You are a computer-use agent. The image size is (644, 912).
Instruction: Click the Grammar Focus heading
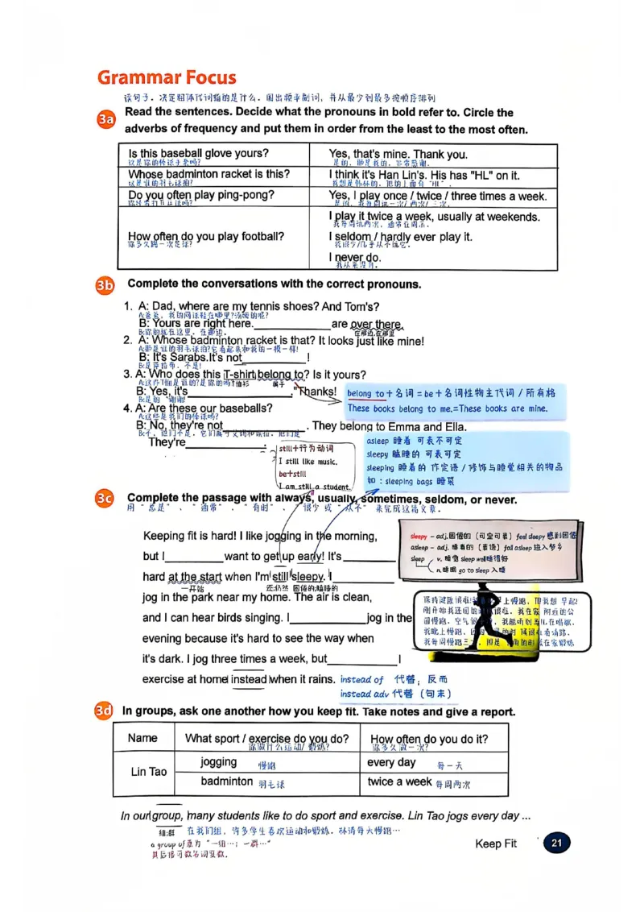click(167, 78)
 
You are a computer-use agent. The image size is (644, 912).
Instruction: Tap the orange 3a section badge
click(106, 120)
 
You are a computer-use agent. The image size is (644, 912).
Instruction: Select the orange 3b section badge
click(106, 284)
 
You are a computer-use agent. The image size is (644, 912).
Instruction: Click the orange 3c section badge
click(106, 499)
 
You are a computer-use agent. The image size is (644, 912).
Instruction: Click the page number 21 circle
click(556, 844)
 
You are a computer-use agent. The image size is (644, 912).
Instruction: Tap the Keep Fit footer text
click(496, 844)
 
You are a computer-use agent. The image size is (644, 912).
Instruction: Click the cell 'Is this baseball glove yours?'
click(198, 154)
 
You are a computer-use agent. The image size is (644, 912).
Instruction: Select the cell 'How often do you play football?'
click(205, 237)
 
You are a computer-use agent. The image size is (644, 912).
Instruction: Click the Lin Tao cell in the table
click(149, 772)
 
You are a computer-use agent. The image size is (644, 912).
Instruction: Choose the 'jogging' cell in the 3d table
click(219, 762)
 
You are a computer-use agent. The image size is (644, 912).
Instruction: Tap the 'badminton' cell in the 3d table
click(227, 781)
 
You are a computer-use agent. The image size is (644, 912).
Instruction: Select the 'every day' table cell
click(391, 762)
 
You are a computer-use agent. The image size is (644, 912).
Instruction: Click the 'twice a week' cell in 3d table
click(399, 781)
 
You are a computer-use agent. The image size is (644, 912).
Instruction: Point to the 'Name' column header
click(143, 738)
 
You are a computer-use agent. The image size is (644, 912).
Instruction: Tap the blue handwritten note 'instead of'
click(361, 680)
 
